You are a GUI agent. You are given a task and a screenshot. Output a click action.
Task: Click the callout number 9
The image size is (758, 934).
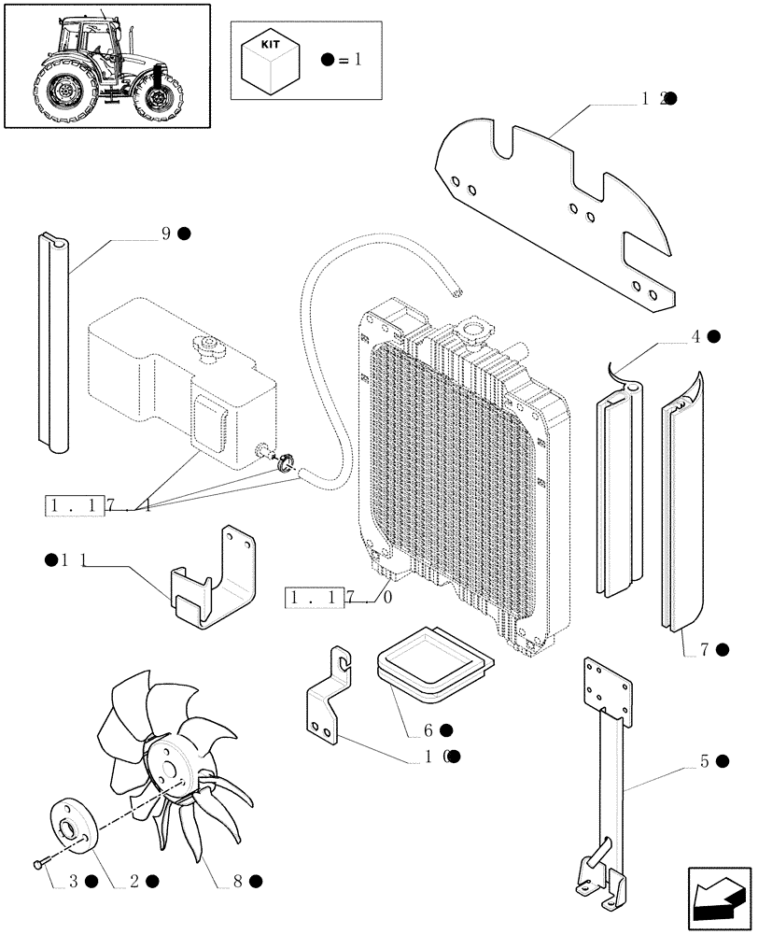(166, 233)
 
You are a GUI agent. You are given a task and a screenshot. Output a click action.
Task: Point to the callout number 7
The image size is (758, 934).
(705, 648)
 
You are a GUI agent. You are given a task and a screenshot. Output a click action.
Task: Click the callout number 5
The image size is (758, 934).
(705, 762)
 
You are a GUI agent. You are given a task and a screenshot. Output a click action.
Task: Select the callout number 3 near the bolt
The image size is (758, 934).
(73, 881)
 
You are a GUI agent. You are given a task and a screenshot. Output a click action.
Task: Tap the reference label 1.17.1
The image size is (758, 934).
(99, 505)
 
